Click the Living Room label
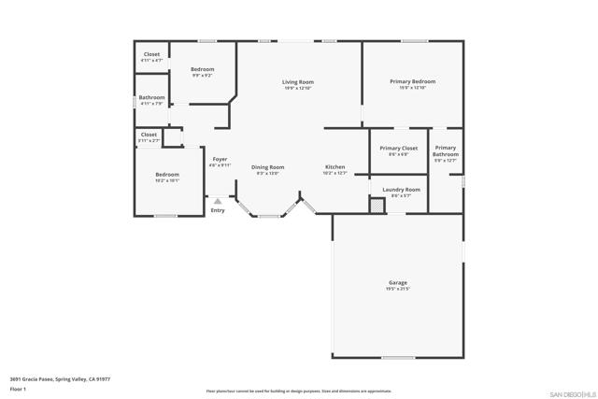pyautogui.click(x=298, y=82)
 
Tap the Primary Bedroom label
pyautogui.click(x=412, y=81)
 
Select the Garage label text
pyautogui.click(x=398, y=282)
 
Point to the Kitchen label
pyautogui.click(x=335, y=167)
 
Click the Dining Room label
pyautogui.click(x=267, y=167)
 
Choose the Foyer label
pyautogui.click(x=220, y=159)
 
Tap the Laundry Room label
pyautogui.click(x=401, y=190)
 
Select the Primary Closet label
pyautogui.click(x=398, y=149)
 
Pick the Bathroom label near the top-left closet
pyautogui.click(x=151, y=97)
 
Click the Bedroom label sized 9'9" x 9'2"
pyautogui.click(x=203, y=69)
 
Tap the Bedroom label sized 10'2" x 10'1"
pyautogui.click(x=167, y=175)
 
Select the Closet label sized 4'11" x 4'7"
pyautogui.click(x=151, y=54)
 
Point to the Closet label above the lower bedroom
pyautogui.click(x=149, y=135)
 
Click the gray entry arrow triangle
pyautogui.click(x=218, y=200)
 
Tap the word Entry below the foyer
pyautogui.click(x=218, y=210)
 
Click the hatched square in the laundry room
pyautogui.click(x=377, y=206)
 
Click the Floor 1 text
pyautogui.click(x=18, y=388)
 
